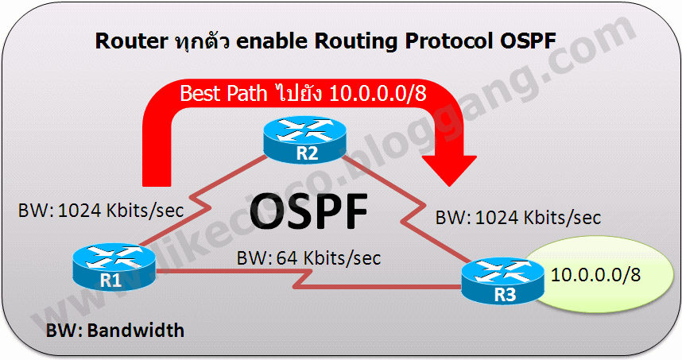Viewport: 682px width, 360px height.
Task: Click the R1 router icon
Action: (114, 267)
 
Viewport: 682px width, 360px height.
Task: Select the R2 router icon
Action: (305, 140)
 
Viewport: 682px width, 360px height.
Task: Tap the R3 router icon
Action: (503, 281)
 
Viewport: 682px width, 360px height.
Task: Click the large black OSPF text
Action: (309, 212)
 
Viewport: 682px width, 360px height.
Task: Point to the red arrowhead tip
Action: (449, 186)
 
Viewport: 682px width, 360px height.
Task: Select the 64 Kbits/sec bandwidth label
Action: (308, 257)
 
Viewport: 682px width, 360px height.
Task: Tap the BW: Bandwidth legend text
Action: (115, 331)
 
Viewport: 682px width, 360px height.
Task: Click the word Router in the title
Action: (131, 41)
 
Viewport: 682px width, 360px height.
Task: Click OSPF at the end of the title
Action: (528, 41)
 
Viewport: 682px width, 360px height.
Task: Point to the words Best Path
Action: (223, 94)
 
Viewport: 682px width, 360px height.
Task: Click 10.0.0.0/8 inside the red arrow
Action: (378, 94)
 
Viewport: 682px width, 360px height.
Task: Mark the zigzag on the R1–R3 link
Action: (303, 279)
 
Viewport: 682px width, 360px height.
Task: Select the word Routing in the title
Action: (356, 42)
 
